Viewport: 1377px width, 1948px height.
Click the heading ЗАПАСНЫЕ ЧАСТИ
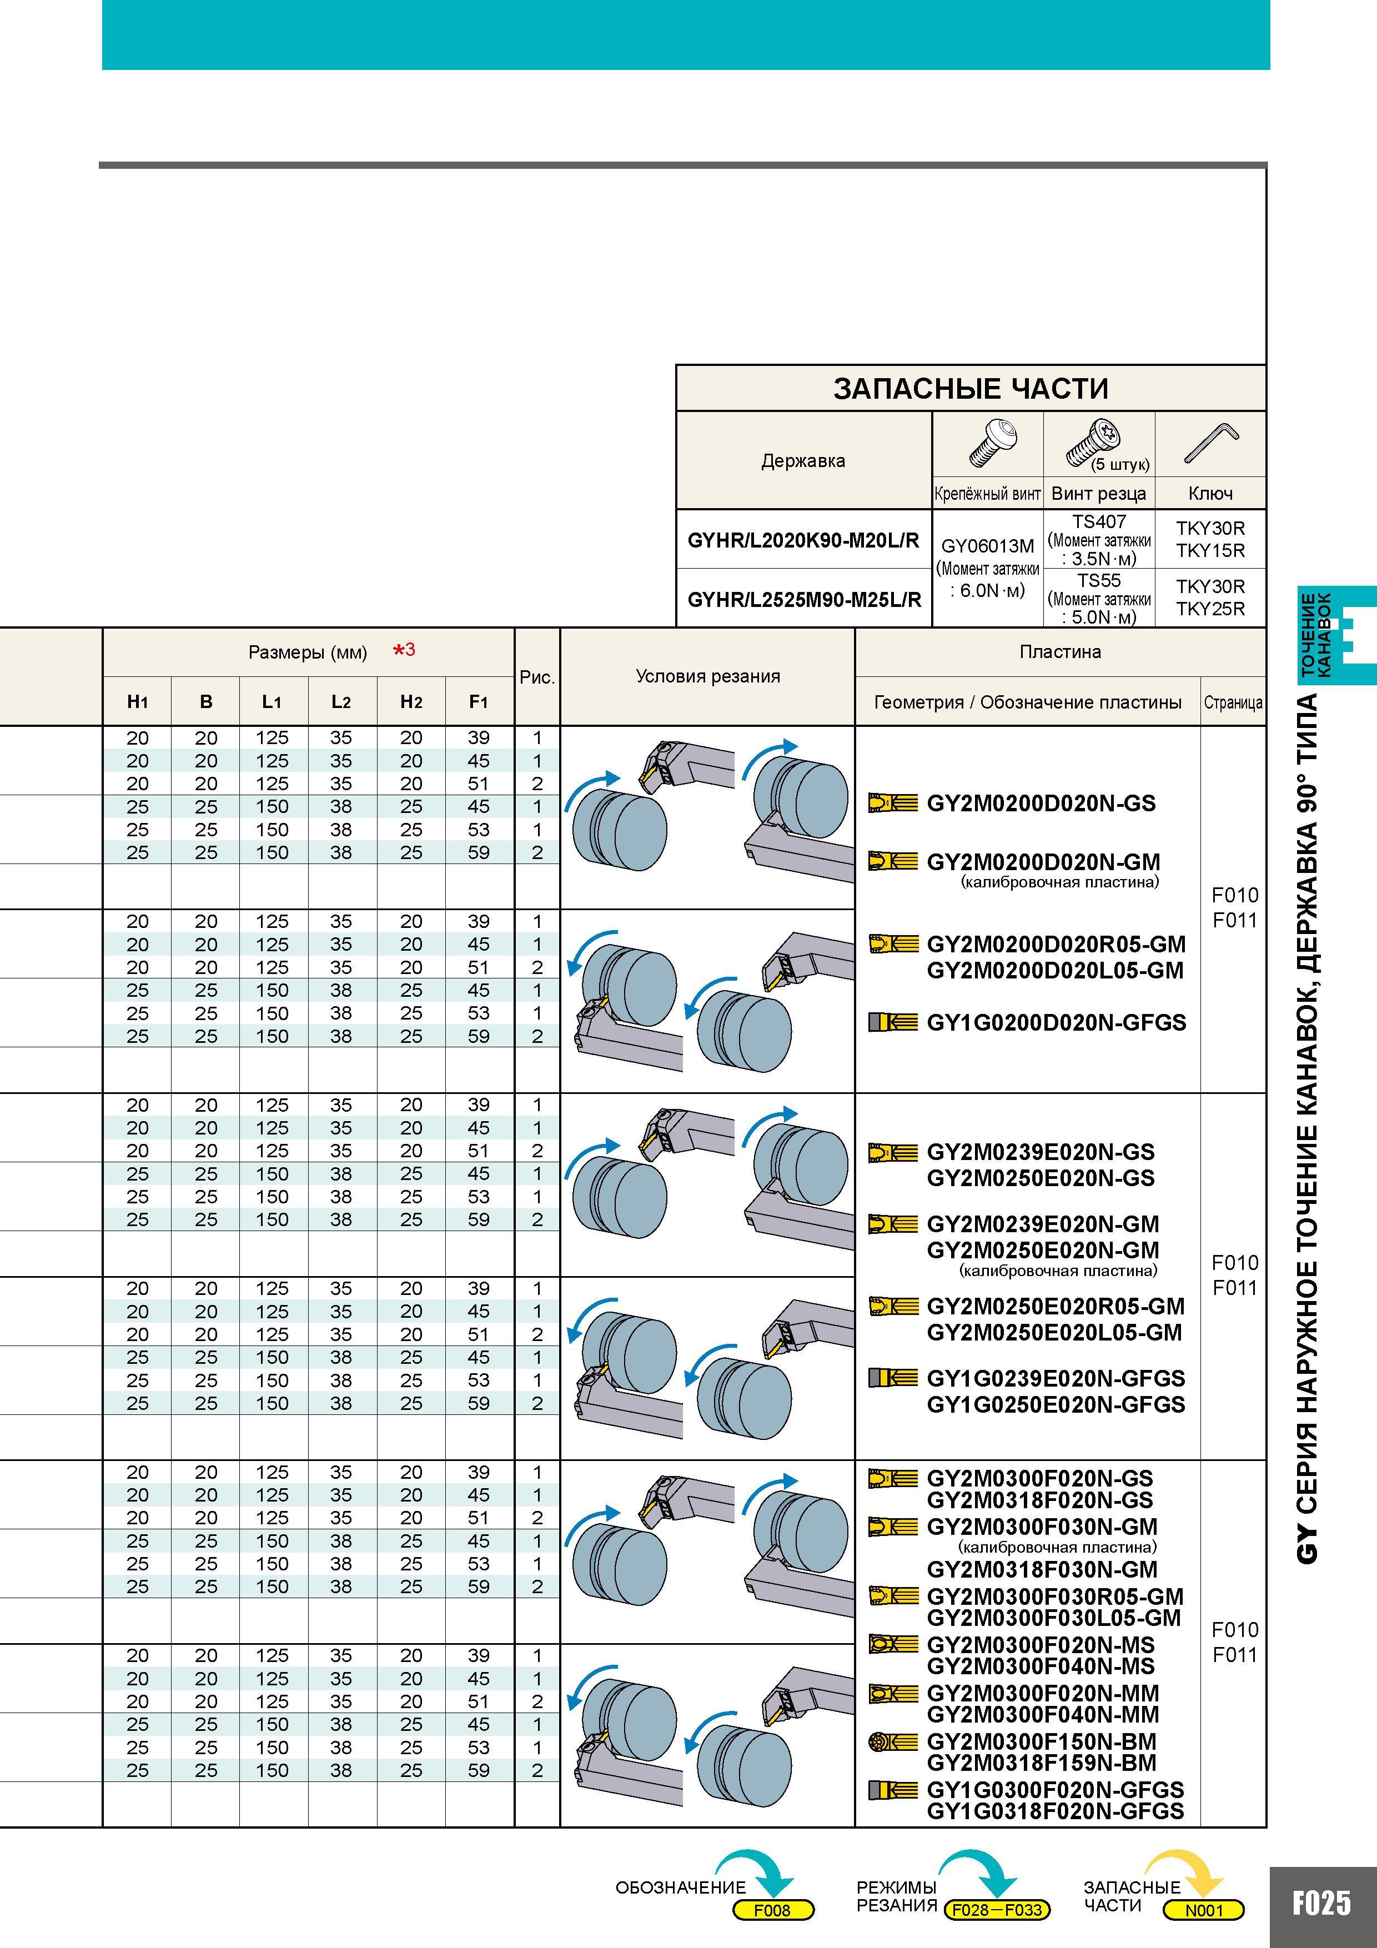point(971,389)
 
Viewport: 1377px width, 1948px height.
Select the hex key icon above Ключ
point(1211,443)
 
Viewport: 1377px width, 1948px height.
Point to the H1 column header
point(138,702)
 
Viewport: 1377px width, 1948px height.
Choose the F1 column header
point(479,702)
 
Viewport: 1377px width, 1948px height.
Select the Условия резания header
point(707,676)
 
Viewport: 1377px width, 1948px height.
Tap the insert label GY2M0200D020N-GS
point(1041,802)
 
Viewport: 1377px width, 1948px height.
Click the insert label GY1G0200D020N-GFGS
point(1056,1022)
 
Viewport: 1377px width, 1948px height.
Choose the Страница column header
point(1233,702)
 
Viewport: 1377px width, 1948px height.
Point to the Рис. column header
point(537,677)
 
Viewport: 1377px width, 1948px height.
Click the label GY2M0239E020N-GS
point(1041,1152)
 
